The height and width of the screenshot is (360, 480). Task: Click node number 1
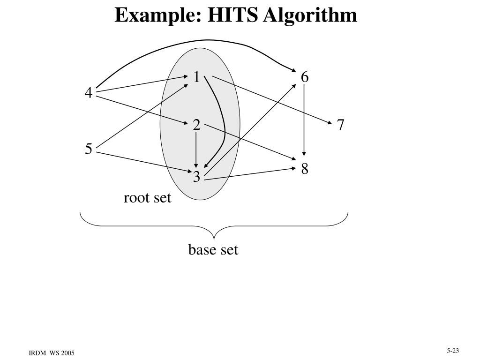pos(197,77)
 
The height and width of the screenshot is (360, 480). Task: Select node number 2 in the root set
pos(196,125)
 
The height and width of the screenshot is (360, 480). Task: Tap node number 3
pos(196,177)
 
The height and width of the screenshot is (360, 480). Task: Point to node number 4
pos(88,94)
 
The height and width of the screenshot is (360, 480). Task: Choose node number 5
pos(89,150)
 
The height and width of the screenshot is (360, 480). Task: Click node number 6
pos(305,77)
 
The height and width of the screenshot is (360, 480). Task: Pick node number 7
pos(341,125)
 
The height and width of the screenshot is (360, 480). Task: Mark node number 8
pos(305,169)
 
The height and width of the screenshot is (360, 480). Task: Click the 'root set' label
pos(148,198)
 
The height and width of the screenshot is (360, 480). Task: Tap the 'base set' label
pos(213,250)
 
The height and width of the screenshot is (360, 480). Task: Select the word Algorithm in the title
pos(310,15)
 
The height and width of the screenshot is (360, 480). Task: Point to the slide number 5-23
pos(452,350)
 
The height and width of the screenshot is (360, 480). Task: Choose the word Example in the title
pos(154,15)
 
